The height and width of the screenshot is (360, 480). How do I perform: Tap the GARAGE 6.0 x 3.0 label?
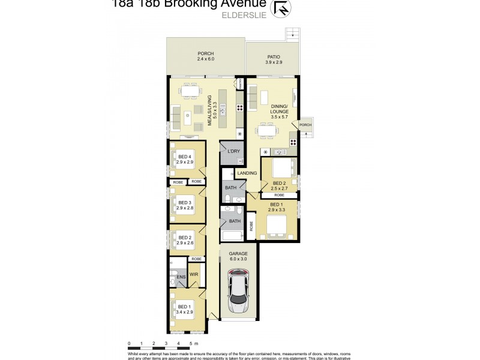click(239, 256)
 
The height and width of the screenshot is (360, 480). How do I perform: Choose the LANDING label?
click(247, 173)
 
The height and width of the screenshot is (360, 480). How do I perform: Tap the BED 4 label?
click(185, 160)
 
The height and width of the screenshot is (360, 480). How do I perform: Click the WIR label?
click(194, 274)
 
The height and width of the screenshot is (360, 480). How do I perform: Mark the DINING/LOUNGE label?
click(280, 109)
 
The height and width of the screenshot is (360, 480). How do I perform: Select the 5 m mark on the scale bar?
click(191, 344)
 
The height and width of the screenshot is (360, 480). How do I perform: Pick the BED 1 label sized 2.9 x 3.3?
click(275, 208)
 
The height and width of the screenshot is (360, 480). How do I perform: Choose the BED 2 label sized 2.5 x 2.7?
click(280, 185)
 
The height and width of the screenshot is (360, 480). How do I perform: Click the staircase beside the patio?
click(292, 34)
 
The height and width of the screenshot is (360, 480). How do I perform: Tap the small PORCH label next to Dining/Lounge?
click(305, 125)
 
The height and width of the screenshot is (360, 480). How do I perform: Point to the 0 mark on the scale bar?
click(129, 344)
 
